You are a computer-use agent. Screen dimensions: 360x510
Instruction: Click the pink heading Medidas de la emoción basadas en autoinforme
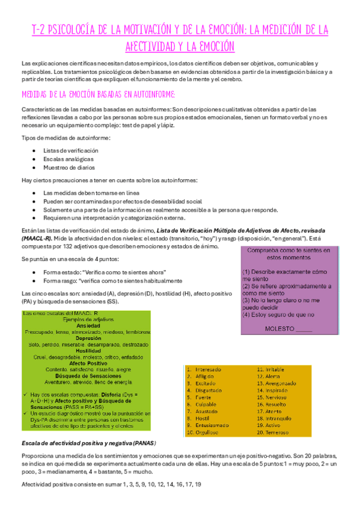point(97,94)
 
